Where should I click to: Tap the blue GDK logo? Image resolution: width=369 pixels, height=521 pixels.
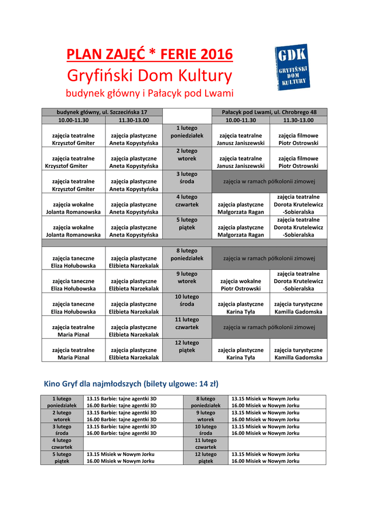pyautogui.click(x=291, y=67)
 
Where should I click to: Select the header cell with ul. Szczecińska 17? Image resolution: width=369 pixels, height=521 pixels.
pyautogui.click(x=102, y=112)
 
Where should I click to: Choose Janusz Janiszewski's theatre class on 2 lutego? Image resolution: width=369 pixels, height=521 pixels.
pyautogui.click(x=241, y=162)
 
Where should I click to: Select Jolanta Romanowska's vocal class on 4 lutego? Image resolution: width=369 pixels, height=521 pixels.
pyautogui.click(x=73, y=208)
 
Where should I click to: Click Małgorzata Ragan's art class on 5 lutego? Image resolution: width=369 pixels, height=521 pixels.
pyautogui.click(x=241, y=231)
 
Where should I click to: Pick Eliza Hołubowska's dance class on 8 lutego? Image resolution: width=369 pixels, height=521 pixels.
pyautogui.click(x=73, y=262)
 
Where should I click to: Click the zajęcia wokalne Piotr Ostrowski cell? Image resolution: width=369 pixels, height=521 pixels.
pyautogui.click(x=241, y=284)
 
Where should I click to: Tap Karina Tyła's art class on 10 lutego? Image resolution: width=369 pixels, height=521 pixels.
pyautogui.click(x=241, y=307)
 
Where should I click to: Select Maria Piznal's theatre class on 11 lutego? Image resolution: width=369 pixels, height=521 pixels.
pyautogui.click(x=73, y=330)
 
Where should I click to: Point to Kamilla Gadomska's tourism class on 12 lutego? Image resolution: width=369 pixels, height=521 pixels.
pyautogui.click(x=298, y=354)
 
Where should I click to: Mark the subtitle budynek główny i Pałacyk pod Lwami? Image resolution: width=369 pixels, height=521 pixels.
pyautogui.click(x=150, y=94)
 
